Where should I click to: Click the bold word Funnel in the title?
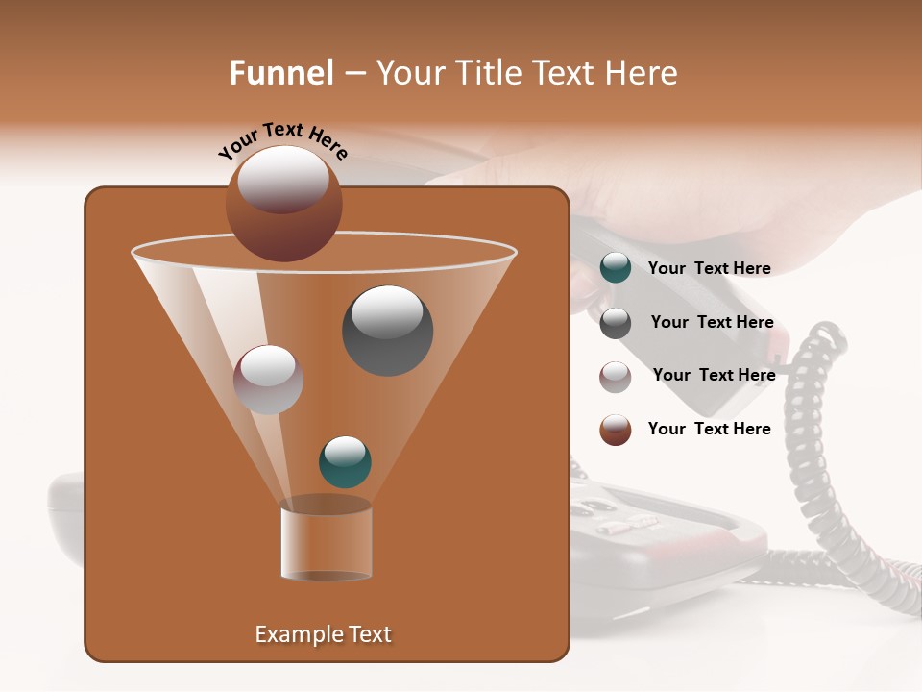[x=281, y=73]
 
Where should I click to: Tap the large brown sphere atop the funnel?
[x=284, y=203]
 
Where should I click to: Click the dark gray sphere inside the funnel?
[x=387, y=331]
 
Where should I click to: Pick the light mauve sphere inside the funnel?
[x=268, y=380]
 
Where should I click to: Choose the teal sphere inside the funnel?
[x=345, y=462]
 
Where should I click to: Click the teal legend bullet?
[x=616, y=268]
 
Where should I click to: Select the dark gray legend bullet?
[x=616, y=323]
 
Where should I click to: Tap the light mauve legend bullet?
[x=616, y=377]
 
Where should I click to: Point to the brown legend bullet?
[x=616, y=430]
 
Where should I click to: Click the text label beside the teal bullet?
[x=709, y=269]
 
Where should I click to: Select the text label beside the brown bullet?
[x=709, y=429]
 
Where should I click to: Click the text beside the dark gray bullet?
[x=712, y=322]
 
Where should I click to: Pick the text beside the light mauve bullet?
[x=714, y=375]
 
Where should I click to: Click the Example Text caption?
[x=323, y=634]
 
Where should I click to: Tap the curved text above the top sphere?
[x=283, y=141]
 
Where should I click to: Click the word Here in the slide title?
[x=643, y=73]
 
